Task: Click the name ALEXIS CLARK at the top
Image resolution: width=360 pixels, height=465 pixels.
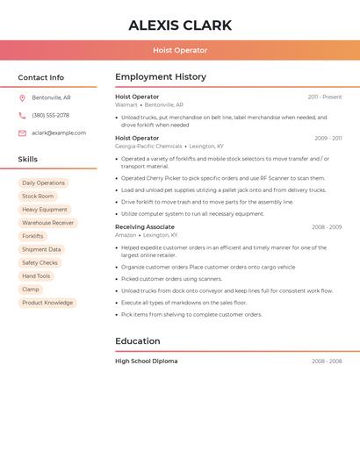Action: (x=180, y=25)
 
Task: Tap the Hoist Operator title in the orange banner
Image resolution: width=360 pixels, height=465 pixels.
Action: (x=180, y=51)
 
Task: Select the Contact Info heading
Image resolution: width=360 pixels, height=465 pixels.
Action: (x=41, y=77)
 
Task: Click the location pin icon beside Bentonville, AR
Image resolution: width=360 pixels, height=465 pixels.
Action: (x=22, y=98)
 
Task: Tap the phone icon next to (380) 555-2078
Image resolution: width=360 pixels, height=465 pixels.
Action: (x=22, y=116)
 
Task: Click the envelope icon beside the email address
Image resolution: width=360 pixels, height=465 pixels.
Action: (x=22, y=133)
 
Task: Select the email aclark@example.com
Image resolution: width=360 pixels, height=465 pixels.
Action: (x=59, y=133)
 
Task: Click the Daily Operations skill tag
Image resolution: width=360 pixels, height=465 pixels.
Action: (x=43, y=183)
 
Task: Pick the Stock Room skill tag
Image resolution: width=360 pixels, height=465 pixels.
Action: (x=38, y=197)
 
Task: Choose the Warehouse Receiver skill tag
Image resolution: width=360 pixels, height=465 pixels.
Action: (x=48, y=223)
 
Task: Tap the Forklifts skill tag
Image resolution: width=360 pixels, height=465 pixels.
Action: (x=32, y=236)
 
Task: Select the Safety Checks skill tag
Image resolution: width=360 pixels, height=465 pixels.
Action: (x=40, y=262)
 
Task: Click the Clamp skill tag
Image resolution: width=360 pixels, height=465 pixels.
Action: (x=31, y=290)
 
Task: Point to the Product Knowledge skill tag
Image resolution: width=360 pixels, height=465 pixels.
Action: (x=47, y=303)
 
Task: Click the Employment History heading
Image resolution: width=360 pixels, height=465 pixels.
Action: (x=161, y=77)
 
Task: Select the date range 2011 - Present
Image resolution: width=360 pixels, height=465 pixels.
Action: (x=325, y=97)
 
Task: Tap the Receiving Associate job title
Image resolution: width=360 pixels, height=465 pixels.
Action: (x=145, y=227)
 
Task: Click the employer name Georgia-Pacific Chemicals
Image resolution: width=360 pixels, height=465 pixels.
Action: (x=148, y=147)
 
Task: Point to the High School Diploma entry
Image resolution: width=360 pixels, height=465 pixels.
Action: (x=146, y=361)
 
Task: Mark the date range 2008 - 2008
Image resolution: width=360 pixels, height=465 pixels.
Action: (x=327, y=361)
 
